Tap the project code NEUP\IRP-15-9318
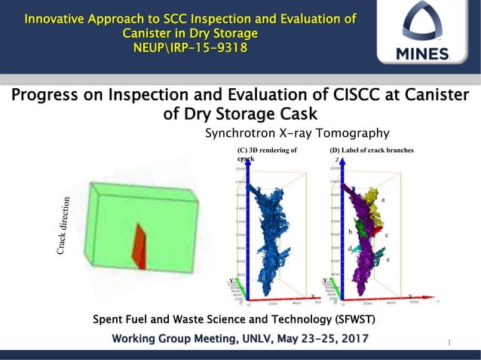click(x=190, y=48)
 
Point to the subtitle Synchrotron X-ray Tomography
click(x=297, y=133)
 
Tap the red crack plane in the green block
click(x=139, y=246)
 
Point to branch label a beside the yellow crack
click(x=383, y=200)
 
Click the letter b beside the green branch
click(x=350, y=232)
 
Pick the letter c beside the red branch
click(x=386, y=236)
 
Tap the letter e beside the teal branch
click(x=388, y=259)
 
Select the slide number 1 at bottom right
click(x=449, y=343)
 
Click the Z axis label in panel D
click(x=336, y=160)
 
